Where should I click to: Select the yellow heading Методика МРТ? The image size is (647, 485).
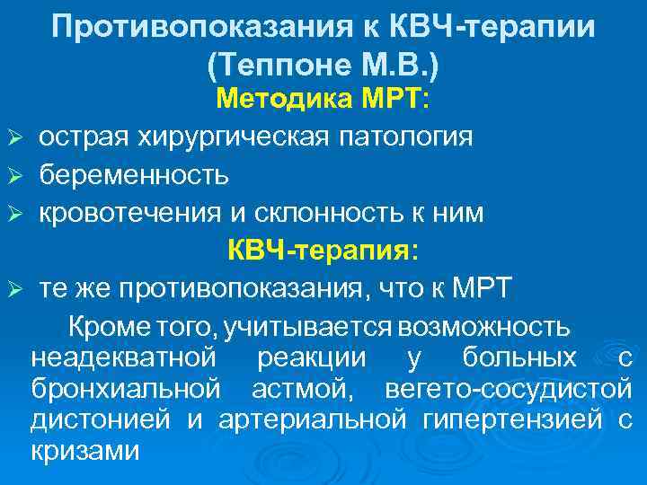tap(323, 100)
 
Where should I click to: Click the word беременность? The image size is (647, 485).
tap(133, 174)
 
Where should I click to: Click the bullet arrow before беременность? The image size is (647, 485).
tap(13, 175)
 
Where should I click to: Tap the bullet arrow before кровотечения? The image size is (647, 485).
tap(13, 213)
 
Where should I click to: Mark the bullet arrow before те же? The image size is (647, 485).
tap(13, 288)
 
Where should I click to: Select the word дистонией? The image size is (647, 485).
tap(102, 420)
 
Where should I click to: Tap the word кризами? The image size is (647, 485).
tap(85, 451)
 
